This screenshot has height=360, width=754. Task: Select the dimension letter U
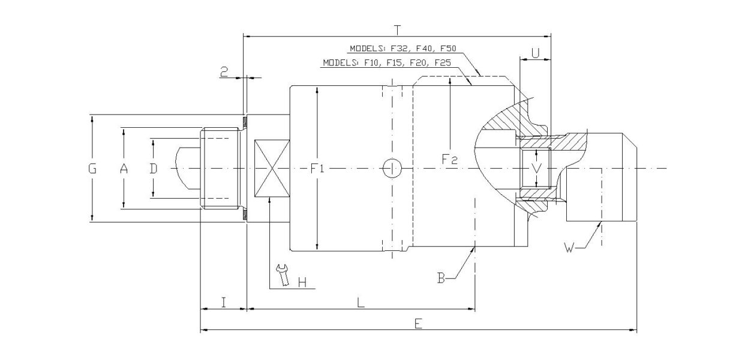[536, 53]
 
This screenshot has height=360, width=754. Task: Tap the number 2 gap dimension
[224, 72]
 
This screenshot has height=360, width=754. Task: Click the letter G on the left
[92, 169]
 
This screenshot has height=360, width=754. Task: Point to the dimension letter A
[124, 169]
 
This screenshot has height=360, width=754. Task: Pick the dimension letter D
[154, 169]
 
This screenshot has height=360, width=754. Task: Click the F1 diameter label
[317, 169]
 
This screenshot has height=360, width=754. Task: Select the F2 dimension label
[449, 159]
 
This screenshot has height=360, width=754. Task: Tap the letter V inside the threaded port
[537, 169]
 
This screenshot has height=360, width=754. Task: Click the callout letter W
[571, 247]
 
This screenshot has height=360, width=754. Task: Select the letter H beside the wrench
[302, 281]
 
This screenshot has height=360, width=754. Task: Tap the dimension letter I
[223, 302]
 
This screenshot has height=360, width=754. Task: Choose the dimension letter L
[361, 302]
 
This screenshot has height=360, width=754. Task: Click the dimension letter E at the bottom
[418, 323]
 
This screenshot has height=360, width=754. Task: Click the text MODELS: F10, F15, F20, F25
[386, 62]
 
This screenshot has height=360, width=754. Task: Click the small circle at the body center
[392, 169]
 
